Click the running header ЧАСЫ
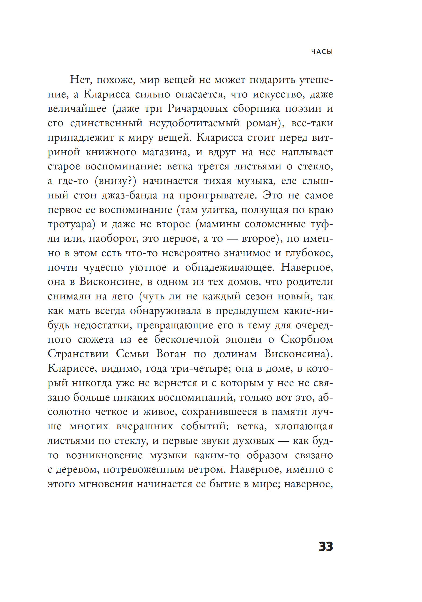[x=322, y=52]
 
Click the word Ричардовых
[x=198, y=108]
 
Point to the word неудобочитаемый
[x=194, y=123]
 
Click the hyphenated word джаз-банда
[x=129, y=195]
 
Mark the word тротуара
[x=71, y=224]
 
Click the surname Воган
[x=171, y=354]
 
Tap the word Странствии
[x=78, y=354]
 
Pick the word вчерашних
[x=145, y=426]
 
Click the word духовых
[x=254, y=441]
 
